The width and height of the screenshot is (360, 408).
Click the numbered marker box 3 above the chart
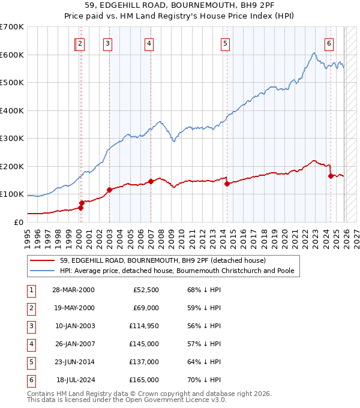tap(107, 43)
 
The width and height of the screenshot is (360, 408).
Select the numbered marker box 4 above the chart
tap(148, 43)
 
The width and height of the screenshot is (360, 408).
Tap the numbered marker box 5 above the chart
tap(225, 43)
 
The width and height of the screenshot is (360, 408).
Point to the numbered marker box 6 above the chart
tap(329, 43)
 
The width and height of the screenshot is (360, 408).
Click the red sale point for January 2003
tap(109, 190)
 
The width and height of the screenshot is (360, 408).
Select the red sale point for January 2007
tap(151, 182)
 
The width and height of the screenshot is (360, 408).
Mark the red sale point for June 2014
tap(227, 184)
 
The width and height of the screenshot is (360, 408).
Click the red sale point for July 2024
tap(331, 176)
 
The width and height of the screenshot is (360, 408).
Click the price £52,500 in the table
tap(146, 290)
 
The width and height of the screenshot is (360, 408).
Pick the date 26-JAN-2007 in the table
tap(73, 344)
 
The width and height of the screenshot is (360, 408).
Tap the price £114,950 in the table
tap(143, 326)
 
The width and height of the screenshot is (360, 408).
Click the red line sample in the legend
tap(43, 260)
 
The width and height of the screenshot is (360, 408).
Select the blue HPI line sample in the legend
tap(43, 271)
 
